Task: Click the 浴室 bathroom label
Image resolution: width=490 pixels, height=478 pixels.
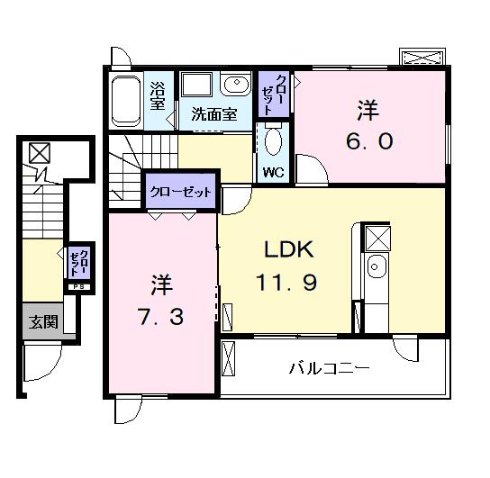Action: (158, 95)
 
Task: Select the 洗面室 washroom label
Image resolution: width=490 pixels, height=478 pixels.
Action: (213, 115)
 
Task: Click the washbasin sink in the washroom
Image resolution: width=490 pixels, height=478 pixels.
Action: (234, 86)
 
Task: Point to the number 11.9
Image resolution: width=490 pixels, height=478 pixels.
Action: (287, 284)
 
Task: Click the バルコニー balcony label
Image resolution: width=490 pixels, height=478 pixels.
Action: (328, 368)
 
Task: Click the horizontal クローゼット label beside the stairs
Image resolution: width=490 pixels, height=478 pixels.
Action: (181, 193)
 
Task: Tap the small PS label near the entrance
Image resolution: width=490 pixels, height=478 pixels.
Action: (77, 288)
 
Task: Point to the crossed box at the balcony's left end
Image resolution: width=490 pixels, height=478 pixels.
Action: (230, 359)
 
